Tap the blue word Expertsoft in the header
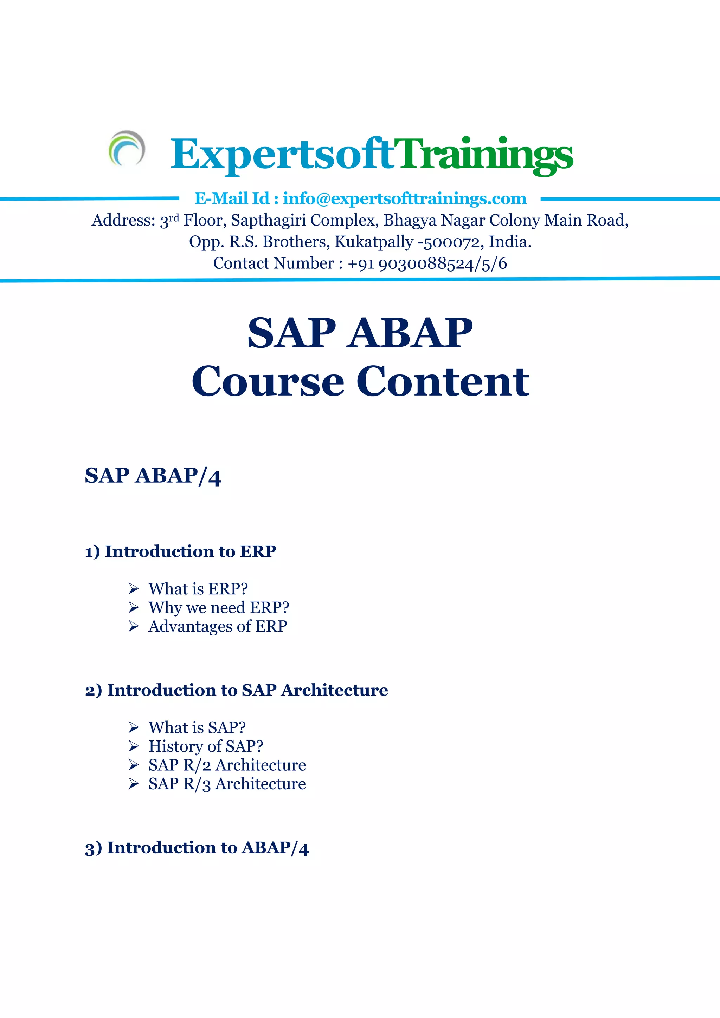pyautogui.click(x=282, y=154)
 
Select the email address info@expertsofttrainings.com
pyautogui.click(x=405, y=198)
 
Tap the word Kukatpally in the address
pyautogui.click(x=373, y=242)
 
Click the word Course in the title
pyautogui.click(x=268, y=381)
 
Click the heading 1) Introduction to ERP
pyautogui.click(x=181, y=551)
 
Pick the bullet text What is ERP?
pyautogui.click(x=198, y=589)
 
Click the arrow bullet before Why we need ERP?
pyautogui.click(x=134, y=607)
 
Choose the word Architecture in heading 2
pyautogui.click(x=334, y=690)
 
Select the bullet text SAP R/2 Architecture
pyautogui.click(x=227, y=765)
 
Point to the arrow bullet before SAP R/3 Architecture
pyautogui.click(x=134, y=784)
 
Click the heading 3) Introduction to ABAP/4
pyautogui.click(x=197, y=847)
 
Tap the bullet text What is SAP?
pyautogui.click(x=197, y=727)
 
